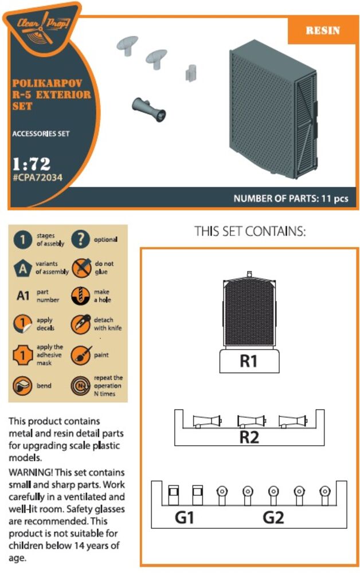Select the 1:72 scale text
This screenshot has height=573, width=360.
(x=32, y=164)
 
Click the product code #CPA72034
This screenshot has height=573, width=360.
(x=37, y=178)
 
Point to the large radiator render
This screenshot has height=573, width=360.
(x=273, y=108)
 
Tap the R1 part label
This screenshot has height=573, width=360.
(x=249, y=361)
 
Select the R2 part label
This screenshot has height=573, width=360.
(x=249, y=437)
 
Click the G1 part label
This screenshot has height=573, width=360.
(x=185, y=517)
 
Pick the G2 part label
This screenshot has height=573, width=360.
(x=273, y=517)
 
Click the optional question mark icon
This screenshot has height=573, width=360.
(x=80, y=240)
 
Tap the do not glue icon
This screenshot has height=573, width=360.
(x=81, y=268)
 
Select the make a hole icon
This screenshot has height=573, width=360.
(x=80, y=296)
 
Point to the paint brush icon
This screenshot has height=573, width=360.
(x=81, y=355)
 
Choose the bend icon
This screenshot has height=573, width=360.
(x=22, y=386)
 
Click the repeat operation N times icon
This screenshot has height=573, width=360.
(x=80, y=386)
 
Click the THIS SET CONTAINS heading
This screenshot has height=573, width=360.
(x=249, y=231)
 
